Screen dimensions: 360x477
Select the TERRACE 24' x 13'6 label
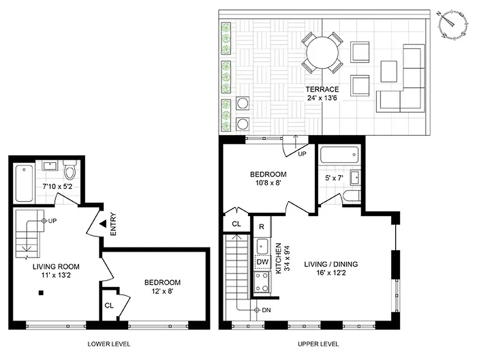point(321,93)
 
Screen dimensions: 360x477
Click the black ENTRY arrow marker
point(103,223)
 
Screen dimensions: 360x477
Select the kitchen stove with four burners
point(262,282)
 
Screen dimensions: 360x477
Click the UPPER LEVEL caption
point(318,344)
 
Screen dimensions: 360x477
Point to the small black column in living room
point(41,293)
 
